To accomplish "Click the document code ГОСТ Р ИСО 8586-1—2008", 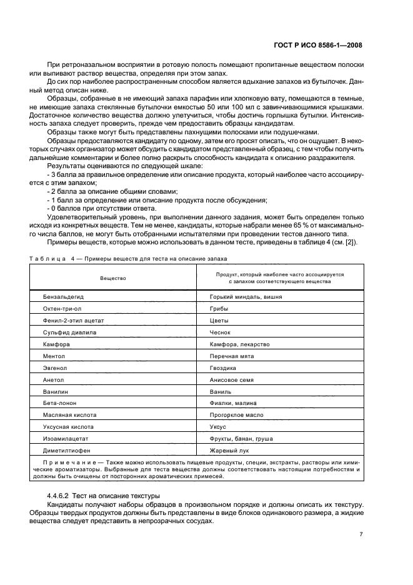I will click(318, 45).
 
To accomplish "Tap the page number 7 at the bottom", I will click(361, 534).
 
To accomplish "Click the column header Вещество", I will click(112, 277).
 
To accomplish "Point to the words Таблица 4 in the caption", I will click(49, 257).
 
